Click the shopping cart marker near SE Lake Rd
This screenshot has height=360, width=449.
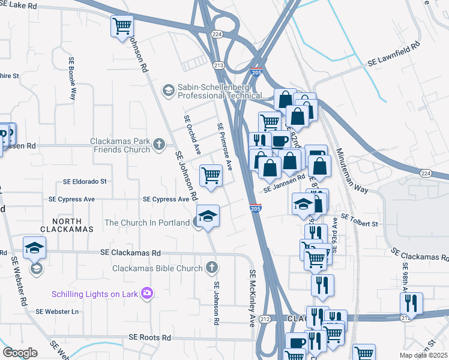pos(122,26)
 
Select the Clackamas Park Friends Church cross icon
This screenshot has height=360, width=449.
pos(158,144)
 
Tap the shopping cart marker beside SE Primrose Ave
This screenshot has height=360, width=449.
pos(211,176)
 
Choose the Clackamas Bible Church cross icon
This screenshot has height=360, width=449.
pos(211,267)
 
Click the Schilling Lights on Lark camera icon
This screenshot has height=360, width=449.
pos(147,293)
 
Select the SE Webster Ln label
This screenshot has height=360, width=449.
pos(57,311)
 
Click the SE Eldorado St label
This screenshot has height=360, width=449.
pos(85,181)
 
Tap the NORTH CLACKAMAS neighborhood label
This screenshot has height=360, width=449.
pos(67,224)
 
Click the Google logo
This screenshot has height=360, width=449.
pos(20,352)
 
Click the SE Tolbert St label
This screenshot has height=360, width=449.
pos(359,220)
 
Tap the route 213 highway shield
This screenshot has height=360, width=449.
pos(218,65)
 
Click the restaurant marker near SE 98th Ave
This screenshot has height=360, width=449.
pos(411,302)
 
